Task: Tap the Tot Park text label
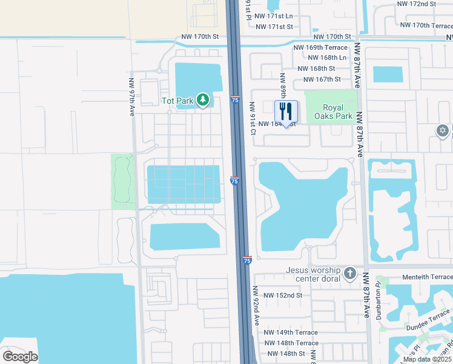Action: (176, 101)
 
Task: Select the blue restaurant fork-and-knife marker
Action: (286, 112)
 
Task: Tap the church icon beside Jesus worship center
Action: (350, 274)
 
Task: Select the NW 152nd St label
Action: (283, 295)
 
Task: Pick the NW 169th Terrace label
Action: (320, 47)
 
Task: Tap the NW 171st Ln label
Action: (274, 16)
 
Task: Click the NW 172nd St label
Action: (417, 4)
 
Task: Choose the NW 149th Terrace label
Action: (291, 332)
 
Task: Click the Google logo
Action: (21, 356)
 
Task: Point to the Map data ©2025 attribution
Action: (428, 359)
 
